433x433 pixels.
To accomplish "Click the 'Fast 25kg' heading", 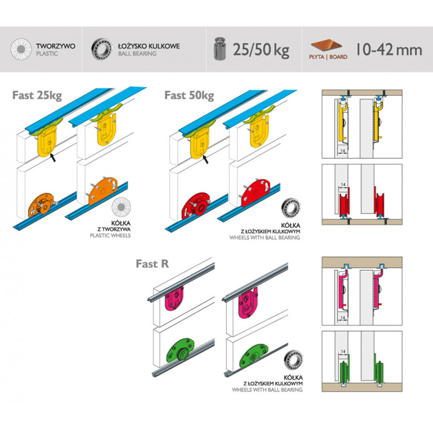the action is click(x=37, y=96).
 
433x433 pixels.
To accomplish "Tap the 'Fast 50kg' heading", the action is click(x=189, y=96).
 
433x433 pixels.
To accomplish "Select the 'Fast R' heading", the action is click(x=152, y=264).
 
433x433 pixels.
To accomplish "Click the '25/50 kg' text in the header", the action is click(x=261, y=50).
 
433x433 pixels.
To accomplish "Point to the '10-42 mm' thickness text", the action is click(x=389, y=49).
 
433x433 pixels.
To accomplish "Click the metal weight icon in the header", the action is click(x=220, y=49).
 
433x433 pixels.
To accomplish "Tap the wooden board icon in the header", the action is click(x=326, y=45).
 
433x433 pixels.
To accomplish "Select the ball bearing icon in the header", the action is click(x=102, y=49).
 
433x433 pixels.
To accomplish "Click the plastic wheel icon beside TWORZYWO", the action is click(x=21, y=49).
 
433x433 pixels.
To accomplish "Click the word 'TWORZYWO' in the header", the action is click(x=56, y=46).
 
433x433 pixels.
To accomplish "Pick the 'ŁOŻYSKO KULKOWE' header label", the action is click(x=149, y=46).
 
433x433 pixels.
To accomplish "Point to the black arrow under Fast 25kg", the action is click(x=53, y=158).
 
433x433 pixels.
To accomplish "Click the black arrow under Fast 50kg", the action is click(x=205, y=159).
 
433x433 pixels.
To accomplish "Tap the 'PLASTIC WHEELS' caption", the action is click(x=110, y=235).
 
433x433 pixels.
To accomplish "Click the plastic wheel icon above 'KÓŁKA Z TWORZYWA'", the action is click(x=121, y=207).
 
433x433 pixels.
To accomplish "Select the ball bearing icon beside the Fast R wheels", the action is click(x=293, y=360).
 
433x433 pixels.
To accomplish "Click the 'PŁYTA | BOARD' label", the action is click(x=328, y=57).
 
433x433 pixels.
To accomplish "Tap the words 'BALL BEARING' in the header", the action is click(x=137, y=54).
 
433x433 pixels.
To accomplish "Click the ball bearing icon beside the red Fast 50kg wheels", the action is click(x=291, y=208).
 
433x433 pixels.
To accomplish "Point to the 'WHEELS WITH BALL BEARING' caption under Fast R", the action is click(x=267, y=390).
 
